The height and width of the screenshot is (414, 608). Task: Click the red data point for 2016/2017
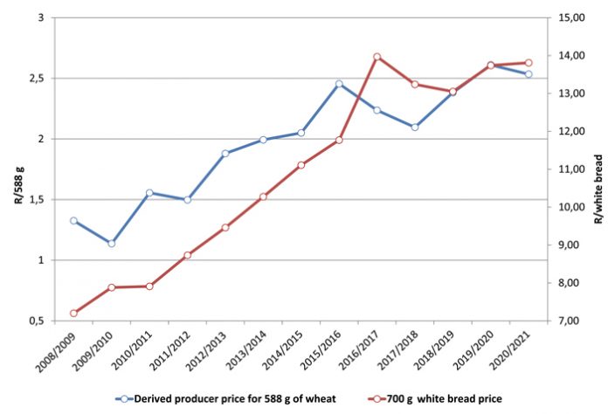click(x=377, y=57)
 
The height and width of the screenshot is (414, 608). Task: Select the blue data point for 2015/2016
click(x=339, y=84)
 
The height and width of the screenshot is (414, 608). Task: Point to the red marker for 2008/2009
click(x=73, y=314)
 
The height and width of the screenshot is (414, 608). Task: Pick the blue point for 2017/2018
click(x=415, y=127)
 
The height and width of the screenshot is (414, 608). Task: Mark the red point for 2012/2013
click(x=225, y=227)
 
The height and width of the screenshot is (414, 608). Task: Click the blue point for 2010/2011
click(x=149, y=193)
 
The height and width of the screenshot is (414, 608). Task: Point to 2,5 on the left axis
click(x=36, y=79)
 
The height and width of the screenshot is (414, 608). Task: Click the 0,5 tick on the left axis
click(x=36, y=321)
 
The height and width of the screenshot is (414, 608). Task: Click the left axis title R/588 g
click(x=12, y=169)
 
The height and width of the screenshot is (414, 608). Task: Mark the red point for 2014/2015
click(x=301, y=165)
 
